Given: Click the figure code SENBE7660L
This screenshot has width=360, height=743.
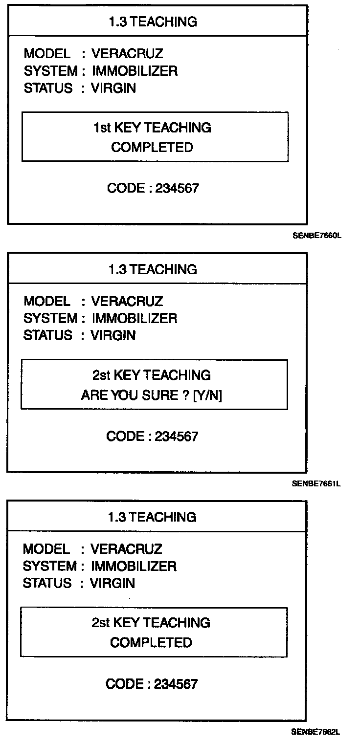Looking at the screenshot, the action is [x=316, y=236].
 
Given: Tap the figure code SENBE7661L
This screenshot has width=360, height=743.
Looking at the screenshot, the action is [x=316, y=483].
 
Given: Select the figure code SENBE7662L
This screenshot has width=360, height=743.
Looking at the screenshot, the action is [x=315, y=731].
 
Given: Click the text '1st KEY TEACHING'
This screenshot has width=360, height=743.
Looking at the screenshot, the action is [x=152, y=128].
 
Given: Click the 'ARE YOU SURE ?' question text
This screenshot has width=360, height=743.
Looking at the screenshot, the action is [x=135, y=395].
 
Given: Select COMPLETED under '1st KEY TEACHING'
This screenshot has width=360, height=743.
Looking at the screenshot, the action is [x=152, y=147].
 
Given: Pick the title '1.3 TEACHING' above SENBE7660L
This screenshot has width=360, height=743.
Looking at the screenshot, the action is [x=153, y=22].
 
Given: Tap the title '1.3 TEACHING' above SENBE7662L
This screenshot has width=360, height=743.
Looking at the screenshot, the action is [x=152, y=517].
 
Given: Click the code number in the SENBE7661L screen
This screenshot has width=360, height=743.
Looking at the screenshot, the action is [x=177, y=436].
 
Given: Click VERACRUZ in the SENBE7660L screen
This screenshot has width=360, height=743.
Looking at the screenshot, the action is [x=127, y=53].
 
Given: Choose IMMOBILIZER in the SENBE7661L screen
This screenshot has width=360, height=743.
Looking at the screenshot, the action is [x=135, y=318].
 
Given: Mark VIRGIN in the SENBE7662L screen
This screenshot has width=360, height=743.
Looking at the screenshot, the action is [x=112, y=583].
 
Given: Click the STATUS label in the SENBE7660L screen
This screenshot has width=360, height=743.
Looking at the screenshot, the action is [x=48, y=88].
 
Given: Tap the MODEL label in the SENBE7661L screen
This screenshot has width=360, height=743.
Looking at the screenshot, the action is [x=46, y=301].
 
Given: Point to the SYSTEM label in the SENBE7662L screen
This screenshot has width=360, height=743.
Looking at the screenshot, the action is [x=50, y=566].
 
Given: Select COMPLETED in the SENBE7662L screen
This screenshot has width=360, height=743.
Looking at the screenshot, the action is [x=151, y=642].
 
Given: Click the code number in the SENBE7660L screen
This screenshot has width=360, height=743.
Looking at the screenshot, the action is [x=178, y=188].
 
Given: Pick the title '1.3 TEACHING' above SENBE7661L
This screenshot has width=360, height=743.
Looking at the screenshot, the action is [x=153, y=269].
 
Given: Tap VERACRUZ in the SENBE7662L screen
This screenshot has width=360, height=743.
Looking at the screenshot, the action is [x=126, y=549].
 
